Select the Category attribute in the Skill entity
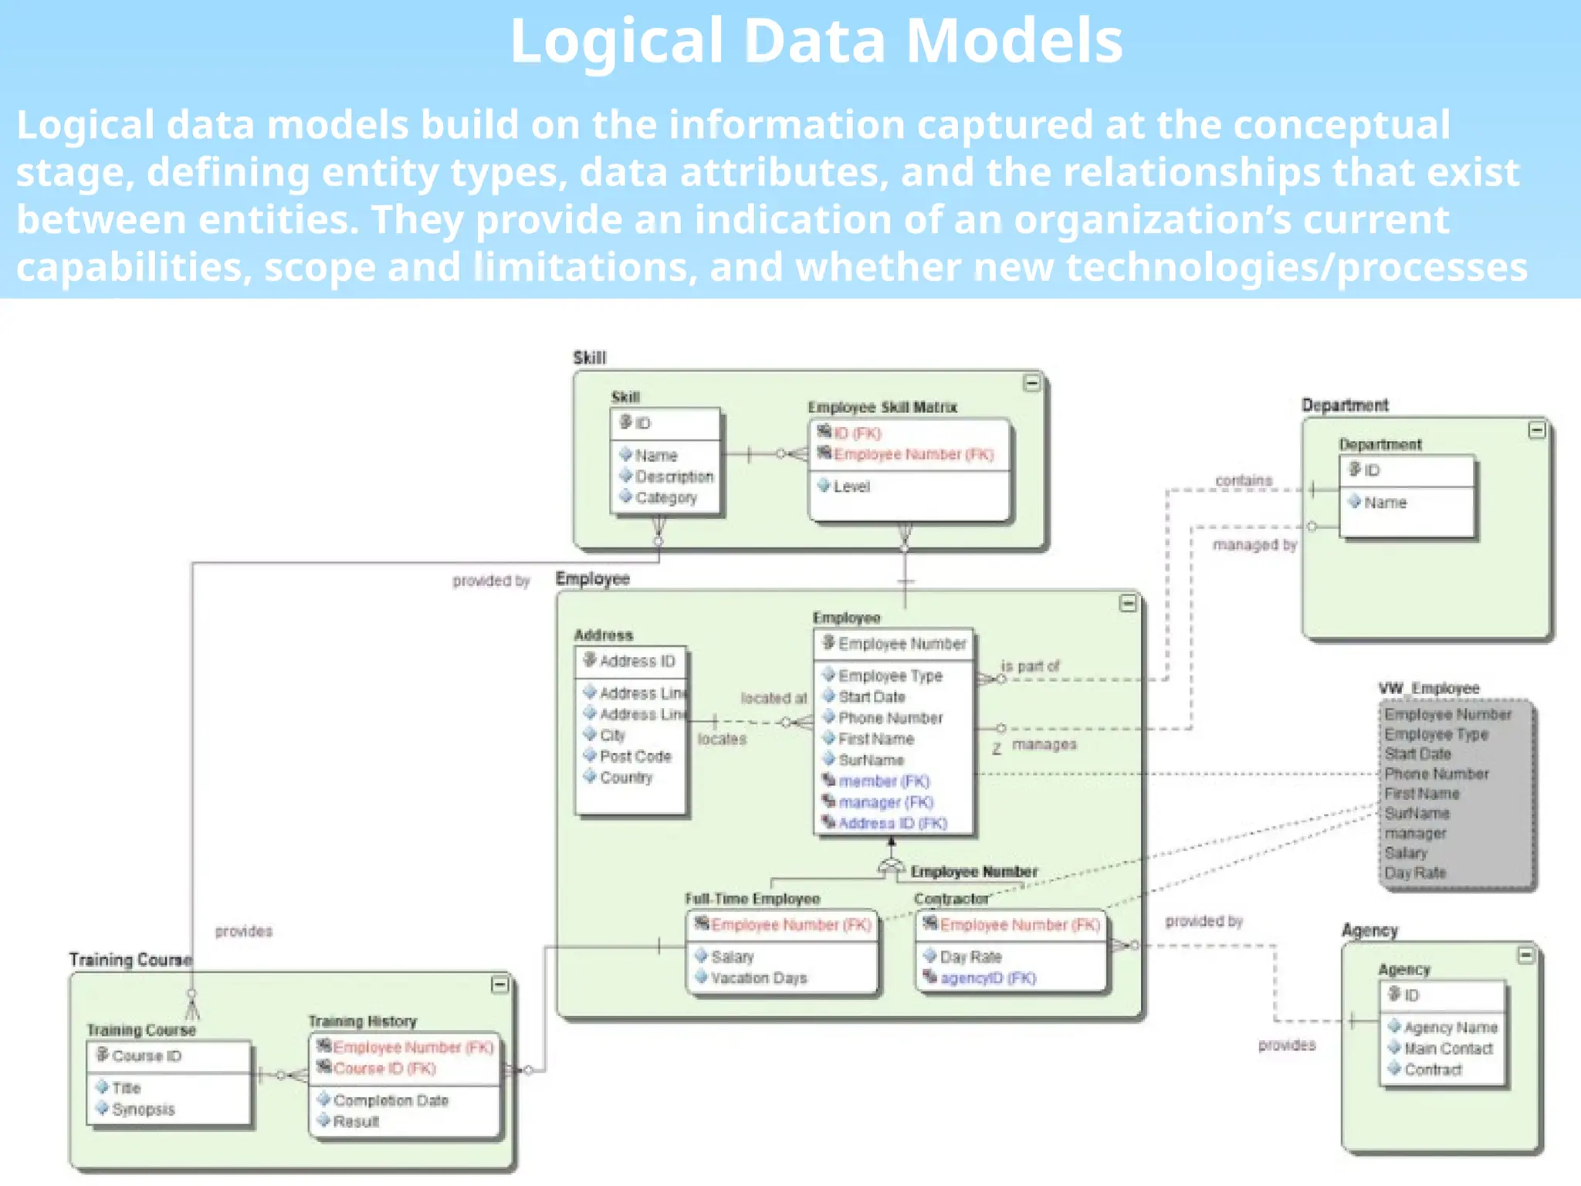click(x=665, y=498)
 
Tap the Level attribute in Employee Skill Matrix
click(x=851, y=486)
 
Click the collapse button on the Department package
click(x=1536, y=430)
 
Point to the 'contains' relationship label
click(x=1243, y=480)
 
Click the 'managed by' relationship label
click(x=1254, y=545)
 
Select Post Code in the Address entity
click(x=635, y=757)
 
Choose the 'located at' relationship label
click(x=773, y=698)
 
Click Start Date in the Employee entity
click(x=871, y=696)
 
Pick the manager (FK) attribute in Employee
click(x=885, y=802)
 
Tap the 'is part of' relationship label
click(x=1030, y=666)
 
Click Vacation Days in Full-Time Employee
click(x=758, y=978)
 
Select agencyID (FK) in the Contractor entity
click(x=987, y=978)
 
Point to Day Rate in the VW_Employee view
click(x=1414, y=873)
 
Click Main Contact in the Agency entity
click(x=1447, y=1049)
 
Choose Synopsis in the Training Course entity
click(x=143, y=1110)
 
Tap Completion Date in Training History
click(x=390, y=1100)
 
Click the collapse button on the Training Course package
click(x=499, y=984)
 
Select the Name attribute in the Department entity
click(x=1384, y=503)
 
